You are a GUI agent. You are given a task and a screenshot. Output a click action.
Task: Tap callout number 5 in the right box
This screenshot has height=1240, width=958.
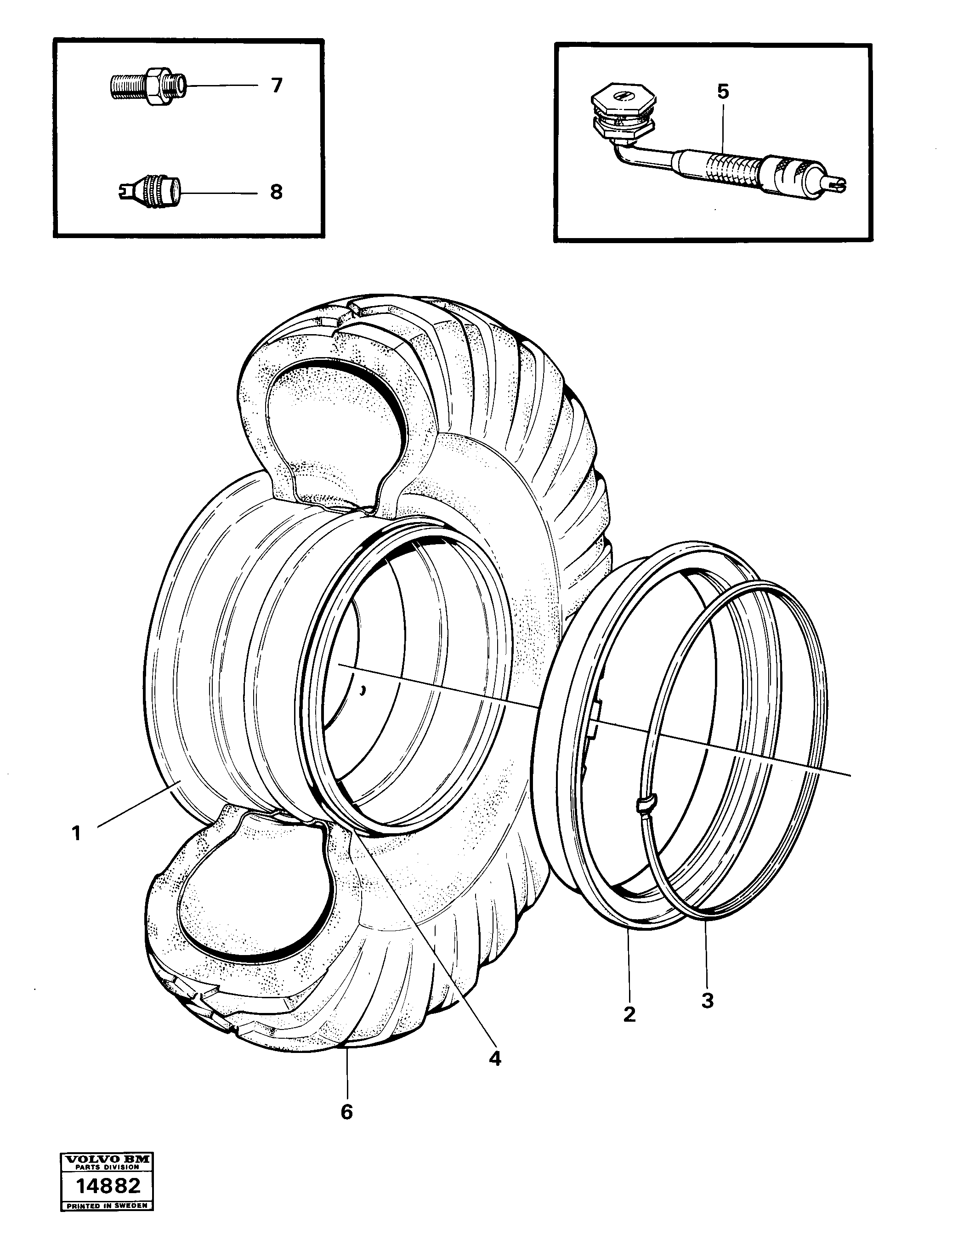click(722, 92)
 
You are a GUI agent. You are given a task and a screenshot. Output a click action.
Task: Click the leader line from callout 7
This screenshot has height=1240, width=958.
click(221, 86)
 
